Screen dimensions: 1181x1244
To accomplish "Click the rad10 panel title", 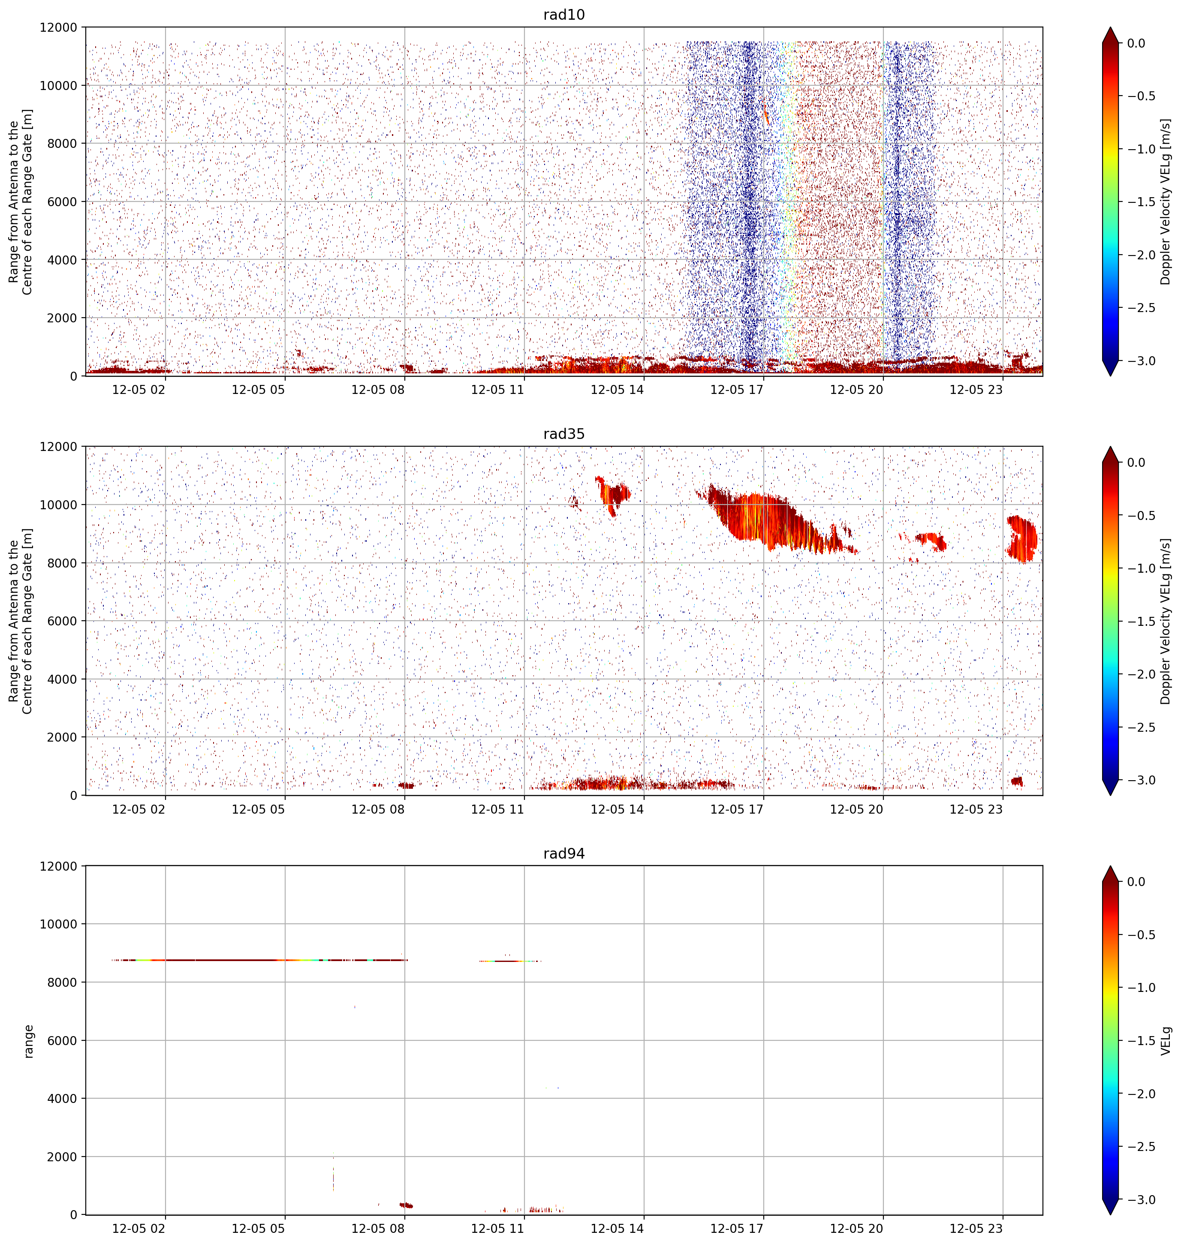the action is [564, 15].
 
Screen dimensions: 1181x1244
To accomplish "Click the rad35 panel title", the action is [564, 434].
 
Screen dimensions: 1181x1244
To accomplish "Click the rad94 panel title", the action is [564, 854].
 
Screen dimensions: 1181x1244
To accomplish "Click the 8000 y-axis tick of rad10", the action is [63, 144].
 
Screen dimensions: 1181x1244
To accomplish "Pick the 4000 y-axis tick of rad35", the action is [63, 679].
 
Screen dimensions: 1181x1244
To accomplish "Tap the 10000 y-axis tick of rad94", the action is [60, 924].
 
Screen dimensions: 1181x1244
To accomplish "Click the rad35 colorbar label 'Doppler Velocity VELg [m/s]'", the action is [1166, 622].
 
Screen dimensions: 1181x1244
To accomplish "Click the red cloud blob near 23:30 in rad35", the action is [1021, 539].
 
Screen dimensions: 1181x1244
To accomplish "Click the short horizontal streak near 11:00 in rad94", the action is [510, 961].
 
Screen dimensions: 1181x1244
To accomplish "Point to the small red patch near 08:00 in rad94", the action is [406, 1205].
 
